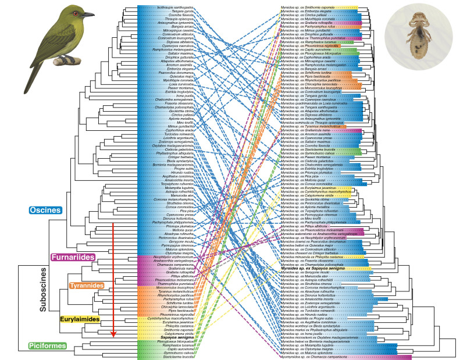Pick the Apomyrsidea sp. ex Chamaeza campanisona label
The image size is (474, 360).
pyautogui.click(x=319, y=357)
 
